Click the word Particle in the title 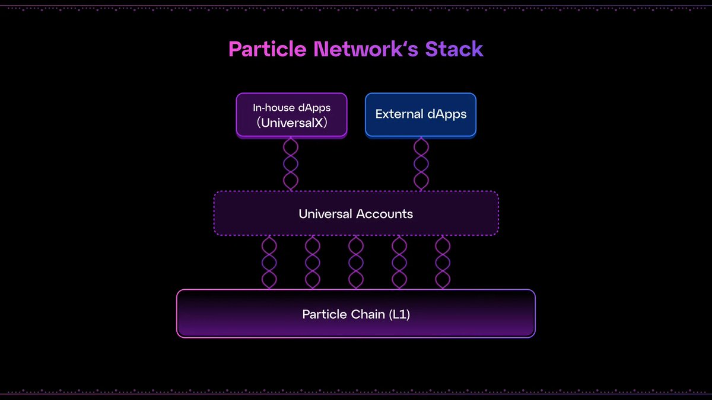[267, 49]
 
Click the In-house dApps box [291, 115]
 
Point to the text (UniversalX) [291, 124]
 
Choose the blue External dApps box [421, 115]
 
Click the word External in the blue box [399, 114]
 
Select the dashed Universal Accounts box [356, 213]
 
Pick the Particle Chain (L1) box [356, 313]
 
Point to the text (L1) [399, 314]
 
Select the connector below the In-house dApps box [291, 164]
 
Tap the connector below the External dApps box [421, 164]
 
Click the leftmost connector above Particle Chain [269, 263]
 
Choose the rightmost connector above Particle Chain [443, 263]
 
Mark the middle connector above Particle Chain [356, 263]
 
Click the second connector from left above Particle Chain [313, 263]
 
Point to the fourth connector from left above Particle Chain [399, 263]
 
